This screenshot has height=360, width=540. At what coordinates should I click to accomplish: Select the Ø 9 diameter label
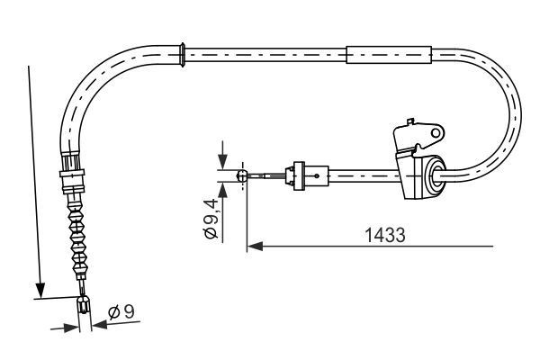click(x=121, y=313)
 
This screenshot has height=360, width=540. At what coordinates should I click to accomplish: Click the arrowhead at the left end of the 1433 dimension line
click(x=254, y=244)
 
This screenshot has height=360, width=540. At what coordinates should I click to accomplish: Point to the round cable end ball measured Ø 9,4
click(x=241, y=177)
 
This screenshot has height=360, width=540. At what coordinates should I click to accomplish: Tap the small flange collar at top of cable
click(x=184, y=53)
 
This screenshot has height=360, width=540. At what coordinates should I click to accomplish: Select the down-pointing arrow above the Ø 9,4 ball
click(x=221, y=163)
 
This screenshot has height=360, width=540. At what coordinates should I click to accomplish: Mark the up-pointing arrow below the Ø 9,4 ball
click(x=221, y=192)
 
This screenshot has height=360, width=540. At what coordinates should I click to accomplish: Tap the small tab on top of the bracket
click(x=411, y=120)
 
